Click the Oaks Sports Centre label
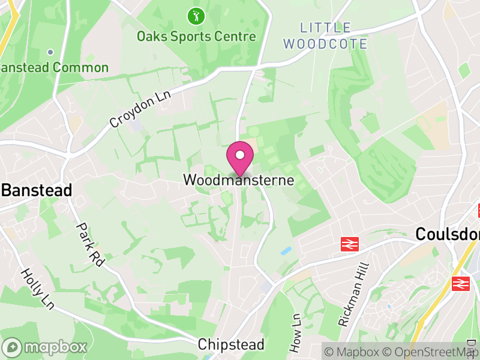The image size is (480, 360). coord(196,37)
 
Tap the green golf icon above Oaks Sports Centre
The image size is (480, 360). coord(195,16)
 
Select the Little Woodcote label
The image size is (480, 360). coord(325,35)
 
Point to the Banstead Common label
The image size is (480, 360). coord(54,67)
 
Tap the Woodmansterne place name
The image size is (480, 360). coord(239,180)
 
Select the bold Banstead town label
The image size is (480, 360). coord(37,191)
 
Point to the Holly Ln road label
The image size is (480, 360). coord(37,288)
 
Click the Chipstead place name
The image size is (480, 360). coord(231,344)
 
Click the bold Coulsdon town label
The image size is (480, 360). coord(448,234)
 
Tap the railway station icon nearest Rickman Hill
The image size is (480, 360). coord(349,244)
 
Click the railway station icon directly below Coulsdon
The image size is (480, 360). coord(460,283)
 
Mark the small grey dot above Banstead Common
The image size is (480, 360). coord(50,52)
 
